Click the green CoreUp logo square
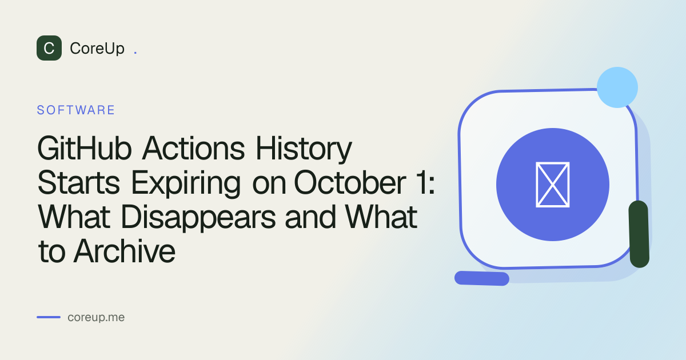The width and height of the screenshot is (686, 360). click(x=49, y=48)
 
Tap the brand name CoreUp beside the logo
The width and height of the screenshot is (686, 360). click(x=97, y=49)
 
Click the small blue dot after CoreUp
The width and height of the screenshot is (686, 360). click(x=135, y=54)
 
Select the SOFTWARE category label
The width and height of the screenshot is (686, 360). click(x=75, y=110)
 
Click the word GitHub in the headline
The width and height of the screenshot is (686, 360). click(x=85, y=149)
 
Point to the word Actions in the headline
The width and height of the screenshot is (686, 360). click(x=194, y=149)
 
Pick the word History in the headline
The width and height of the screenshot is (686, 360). click(x=304, y=149)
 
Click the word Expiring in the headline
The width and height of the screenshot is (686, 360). click(x=186, y=183)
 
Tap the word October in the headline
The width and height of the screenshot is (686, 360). click(x=350, y=183)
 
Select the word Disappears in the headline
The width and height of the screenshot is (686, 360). click(x=198, y=218)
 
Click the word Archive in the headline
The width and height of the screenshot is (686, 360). click(x=125, y=251)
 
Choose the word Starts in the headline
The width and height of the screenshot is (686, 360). click(x=78, y=183)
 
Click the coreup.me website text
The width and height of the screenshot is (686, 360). click(x=96, y=318)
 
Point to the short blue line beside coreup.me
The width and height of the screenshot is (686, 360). click(x=49, y=317)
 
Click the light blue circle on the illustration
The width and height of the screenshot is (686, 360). click(x=617, y=87)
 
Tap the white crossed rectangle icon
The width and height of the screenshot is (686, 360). click(x=552, y=185)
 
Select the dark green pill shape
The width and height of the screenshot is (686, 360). click(x=639, y=234)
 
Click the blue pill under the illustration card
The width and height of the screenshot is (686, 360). click(x=482, y=278)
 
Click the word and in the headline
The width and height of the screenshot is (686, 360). click(x=310, y=217)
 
